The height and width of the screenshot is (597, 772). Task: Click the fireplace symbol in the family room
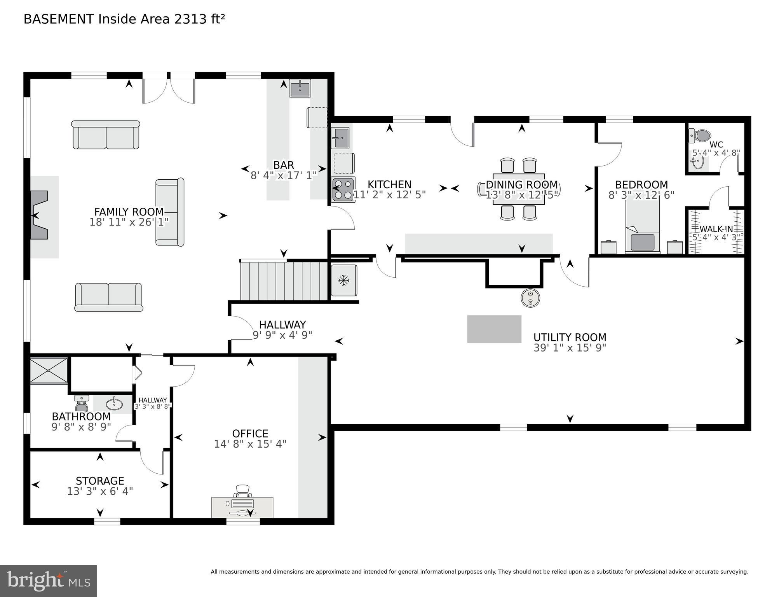39,215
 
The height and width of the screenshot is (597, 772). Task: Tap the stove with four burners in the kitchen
343,189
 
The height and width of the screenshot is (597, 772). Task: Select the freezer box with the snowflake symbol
343,280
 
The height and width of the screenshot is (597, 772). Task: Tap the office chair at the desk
243,491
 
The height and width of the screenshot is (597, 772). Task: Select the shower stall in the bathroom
49,371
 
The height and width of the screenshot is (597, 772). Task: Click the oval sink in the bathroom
114,404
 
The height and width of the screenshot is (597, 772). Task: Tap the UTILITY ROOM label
570,337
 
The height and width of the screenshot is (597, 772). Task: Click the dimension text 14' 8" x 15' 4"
250,444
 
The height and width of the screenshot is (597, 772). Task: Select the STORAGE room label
100,481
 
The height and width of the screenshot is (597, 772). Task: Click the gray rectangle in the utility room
494,329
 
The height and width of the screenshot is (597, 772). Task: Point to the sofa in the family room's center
170,212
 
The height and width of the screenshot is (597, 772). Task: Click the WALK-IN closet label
716,229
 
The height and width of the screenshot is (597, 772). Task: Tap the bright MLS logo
48,581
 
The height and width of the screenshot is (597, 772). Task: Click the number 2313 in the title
191,19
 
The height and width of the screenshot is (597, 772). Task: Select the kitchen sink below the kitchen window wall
341,138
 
